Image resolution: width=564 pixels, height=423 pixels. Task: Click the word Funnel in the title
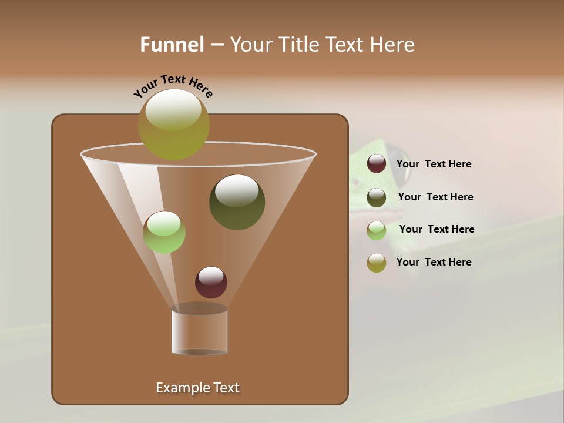(x=172, y=45)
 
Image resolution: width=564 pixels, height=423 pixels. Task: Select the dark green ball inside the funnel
(x=237, y=203)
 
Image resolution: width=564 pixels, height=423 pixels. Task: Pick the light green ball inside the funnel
(x=164, y=232)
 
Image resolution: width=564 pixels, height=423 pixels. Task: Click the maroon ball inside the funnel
(x=211, y=283)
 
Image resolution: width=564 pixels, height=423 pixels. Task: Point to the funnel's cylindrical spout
(x=199, y=332)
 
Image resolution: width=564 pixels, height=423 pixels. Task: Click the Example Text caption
(x=197, y=388)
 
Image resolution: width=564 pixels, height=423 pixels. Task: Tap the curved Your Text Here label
(x=173, y=86)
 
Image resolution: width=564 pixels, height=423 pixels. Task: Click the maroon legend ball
(x=377, y=164)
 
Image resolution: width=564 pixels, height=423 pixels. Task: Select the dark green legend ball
(x=377, y=197)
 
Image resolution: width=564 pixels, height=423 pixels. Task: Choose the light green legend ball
(x=377, y=230)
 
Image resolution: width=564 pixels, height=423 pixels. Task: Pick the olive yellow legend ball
(x=377, y=263)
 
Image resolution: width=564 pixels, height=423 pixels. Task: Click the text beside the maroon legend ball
(x=434, y=164)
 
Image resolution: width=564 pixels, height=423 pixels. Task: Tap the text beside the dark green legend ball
(x=435, y=197)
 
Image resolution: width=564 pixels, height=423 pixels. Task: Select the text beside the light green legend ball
(x=437, y=230)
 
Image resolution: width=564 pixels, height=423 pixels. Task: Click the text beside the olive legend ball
(x=434, y=262)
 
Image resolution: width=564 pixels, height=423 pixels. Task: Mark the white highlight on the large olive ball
(x=173, y=109)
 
